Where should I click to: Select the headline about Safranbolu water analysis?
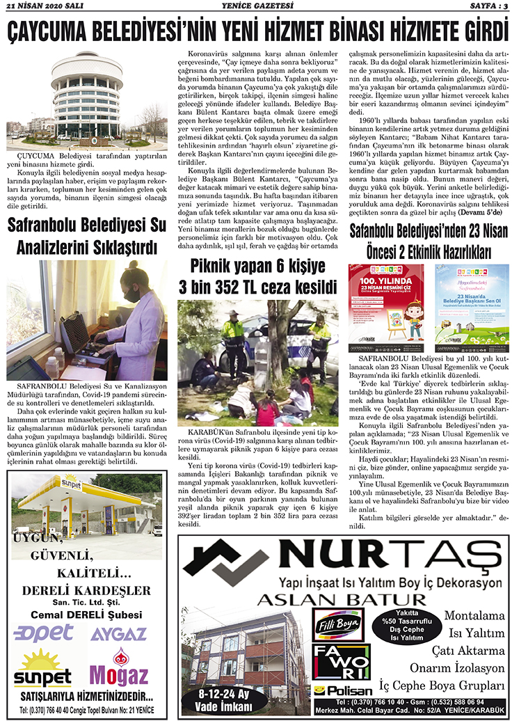pyautogui.click(x=86, y=236)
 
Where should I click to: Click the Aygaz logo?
pyautogui.click(x=118, y=633)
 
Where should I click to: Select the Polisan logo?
pyautogui.click(x=338, y=690)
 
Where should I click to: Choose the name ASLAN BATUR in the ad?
pyautogui.click(x=333, y=599)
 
